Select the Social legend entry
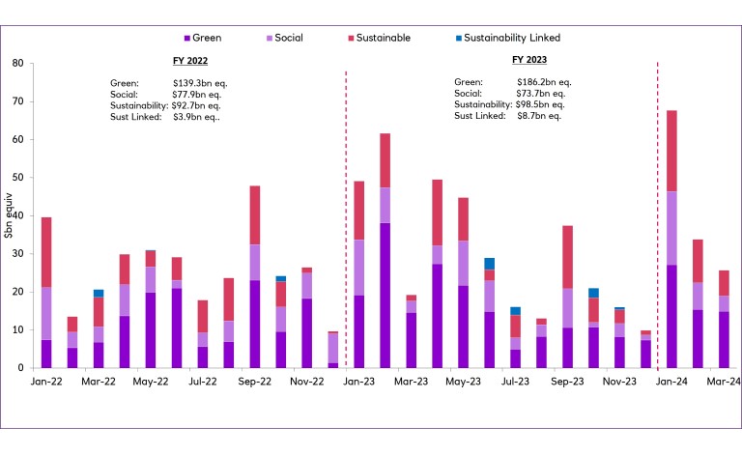pos(287,38)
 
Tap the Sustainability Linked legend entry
pos(511,38)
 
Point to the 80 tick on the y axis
pos(18,64)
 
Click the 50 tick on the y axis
pos(18,178)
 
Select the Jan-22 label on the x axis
pos(45,382)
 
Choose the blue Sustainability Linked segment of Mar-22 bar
pos(99,293)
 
